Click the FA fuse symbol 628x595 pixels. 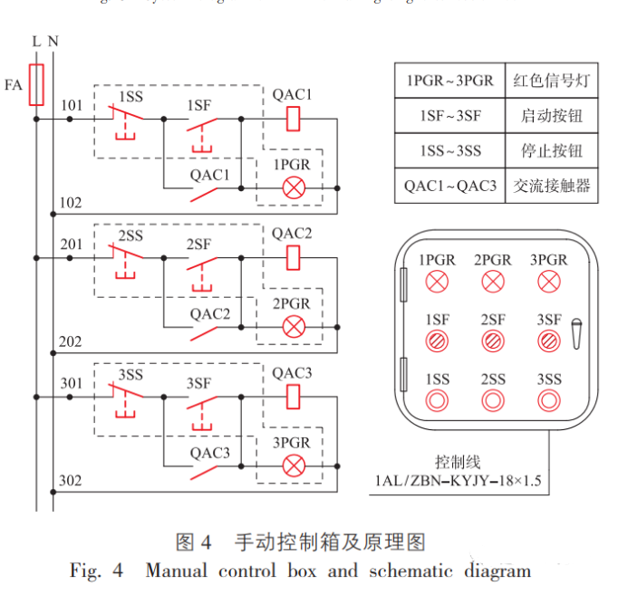(37, 85)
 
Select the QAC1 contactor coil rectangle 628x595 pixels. (293, 118)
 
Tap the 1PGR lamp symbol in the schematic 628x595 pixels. (293, 187)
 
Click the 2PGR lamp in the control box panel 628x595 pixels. (493, 281)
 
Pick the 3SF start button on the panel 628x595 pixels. (548, 341)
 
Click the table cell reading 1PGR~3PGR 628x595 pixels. (449, 81)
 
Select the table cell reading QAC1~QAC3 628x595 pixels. (449, 186)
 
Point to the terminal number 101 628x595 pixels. (72, 106)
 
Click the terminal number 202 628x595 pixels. (70, 341)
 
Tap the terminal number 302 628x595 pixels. (70, 480)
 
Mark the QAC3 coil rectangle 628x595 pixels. (293, 397)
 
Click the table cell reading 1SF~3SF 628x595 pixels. (449, 116)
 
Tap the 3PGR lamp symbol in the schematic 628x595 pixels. (293, 465)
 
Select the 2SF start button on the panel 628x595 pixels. (493, 341)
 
